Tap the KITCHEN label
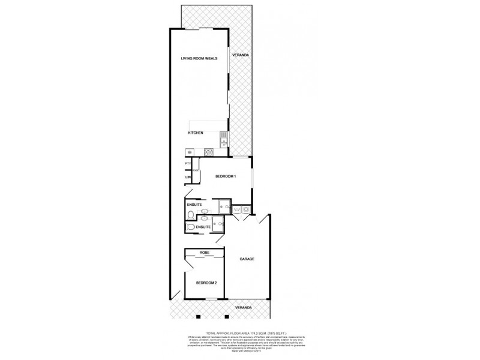click(196, 133)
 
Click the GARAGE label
click(247, 259)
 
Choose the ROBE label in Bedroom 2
click(205, 254)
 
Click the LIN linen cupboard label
click(187, 177)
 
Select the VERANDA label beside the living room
click(241, 55)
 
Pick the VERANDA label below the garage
click(244, 307)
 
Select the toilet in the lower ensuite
click(190, 227)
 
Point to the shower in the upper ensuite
click(223, 206)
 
